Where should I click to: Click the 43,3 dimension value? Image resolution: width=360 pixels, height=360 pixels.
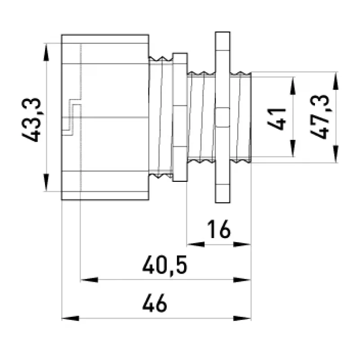click(31, 120)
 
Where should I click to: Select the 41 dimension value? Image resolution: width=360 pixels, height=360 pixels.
click(277, 119)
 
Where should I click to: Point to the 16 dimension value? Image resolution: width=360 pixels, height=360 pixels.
click(219, 229)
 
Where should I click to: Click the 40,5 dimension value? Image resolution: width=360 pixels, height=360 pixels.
click(165, 266)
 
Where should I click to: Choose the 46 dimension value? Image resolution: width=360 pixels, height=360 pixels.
click(154, 303)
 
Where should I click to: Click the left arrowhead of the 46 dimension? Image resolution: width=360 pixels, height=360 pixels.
click(71, 318)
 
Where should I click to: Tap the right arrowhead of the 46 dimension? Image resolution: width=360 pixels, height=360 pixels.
click(242, 318)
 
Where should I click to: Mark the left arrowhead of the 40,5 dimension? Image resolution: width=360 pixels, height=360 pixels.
click(89, 279)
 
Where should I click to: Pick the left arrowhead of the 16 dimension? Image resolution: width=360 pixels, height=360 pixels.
click(196, 244)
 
